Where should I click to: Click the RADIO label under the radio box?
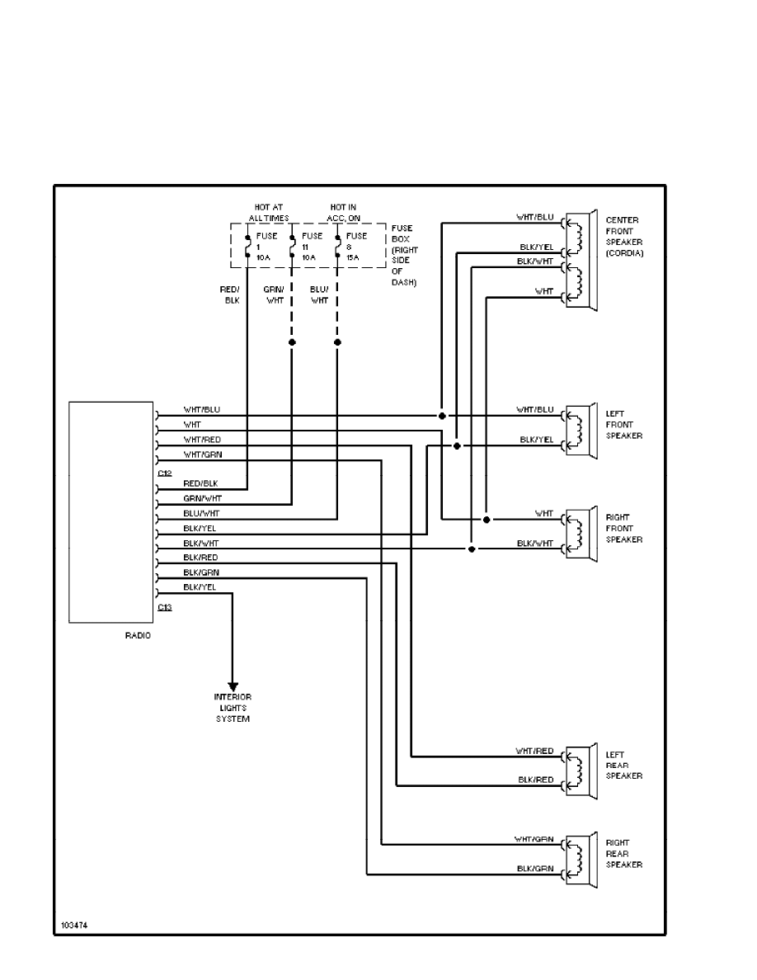pyautogui.click(x=138, y=636)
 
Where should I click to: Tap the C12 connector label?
pyautogui.click(x=165, y=473)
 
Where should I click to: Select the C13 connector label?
pyautogui.click(x=165, y=607)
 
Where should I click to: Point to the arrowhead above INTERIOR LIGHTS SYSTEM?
pyautogui.click(x=233, y=686)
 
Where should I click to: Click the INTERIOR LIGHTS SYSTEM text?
pyautogui.click(x=233, y=708)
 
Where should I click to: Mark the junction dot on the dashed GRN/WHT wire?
pyautogui.click(x=292, y=342)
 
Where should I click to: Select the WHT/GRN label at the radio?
pyautogui.click(x=202, y=455)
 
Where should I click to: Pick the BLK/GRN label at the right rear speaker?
pyautogui.click(x=534, y=868)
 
